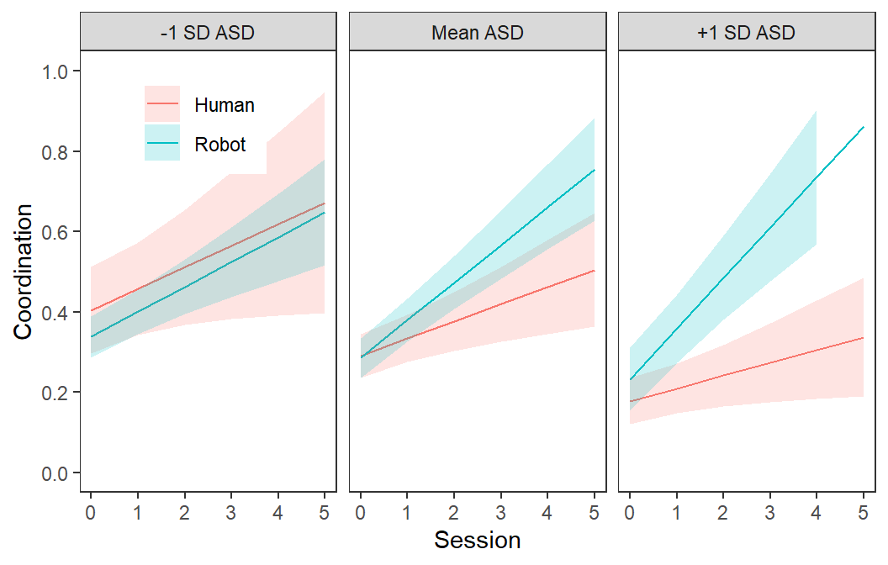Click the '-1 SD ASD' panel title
208,33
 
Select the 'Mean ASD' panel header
478,33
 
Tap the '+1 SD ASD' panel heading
746,33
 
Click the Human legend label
225,105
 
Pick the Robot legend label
219,145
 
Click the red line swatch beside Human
162,104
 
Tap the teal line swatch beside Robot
162,143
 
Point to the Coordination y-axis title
23,272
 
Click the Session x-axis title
478,540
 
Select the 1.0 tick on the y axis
55,72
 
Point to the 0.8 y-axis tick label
55,152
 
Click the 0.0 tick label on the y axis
55,473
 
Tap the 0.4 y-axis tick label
55,313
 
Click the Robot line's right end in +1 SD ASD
863,128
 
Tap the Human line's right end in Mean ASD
594,271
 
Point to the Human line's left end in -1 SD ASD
91,310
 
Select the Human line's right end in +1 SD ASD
863,337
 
